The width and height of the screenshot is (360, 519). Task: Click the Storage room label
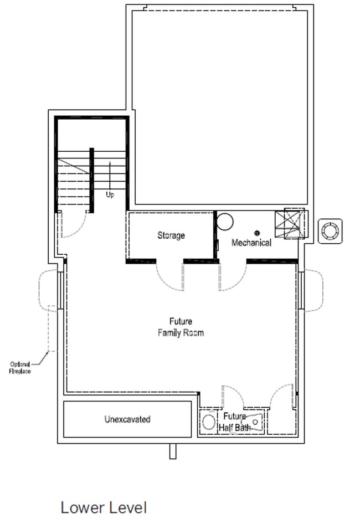171,235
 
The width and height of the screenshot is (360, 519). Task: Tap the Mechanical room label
251,243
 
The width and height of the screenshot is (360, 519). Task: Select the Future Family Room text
181,327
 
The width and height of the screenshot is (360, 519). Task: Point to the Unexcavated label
127,419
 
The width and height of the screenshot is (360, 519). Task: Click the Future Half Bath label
235,422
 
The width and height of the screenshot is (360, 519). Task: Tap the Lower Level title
104,507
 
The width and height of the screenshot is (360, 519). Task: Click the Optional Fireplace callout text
20,367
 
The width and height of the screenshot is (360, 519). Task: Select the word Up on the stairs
110,195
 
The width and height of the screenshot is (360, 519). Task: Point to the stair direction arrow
110,174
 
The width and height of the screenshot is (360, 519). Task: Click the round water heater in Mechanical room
225,222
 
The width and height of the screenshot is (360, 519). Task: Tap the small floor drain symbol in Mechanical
256,233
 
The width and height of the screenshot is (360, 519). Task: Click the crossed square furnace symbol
294,224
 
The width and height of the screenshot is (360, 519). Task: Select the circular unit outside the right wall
330,230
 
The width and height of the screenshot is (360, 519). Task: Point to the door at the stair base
73,225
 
